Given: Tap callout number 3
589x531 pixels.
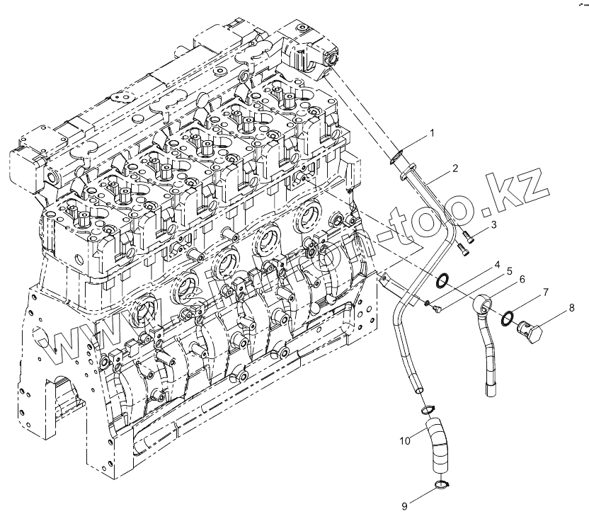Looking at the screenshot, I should tap(494, 224).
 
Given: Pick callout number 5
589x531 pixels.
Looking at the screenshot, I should tap(508, 271).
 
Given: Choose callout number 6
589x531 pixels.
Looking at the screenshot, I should tap(522, 280).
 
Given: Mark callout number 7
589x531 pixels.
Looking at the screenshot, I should tap(546, 292).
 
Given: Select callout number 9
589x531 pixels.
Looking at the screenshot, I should tap(404, 506).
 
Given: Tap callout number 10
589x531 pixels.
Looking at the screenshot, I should tap(404, 441).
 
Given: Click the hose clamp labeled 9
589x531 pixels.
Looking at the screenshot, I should tap(441, 485).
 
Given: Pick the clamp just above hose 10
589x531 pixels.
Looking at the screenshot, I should tap(426, 410).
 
